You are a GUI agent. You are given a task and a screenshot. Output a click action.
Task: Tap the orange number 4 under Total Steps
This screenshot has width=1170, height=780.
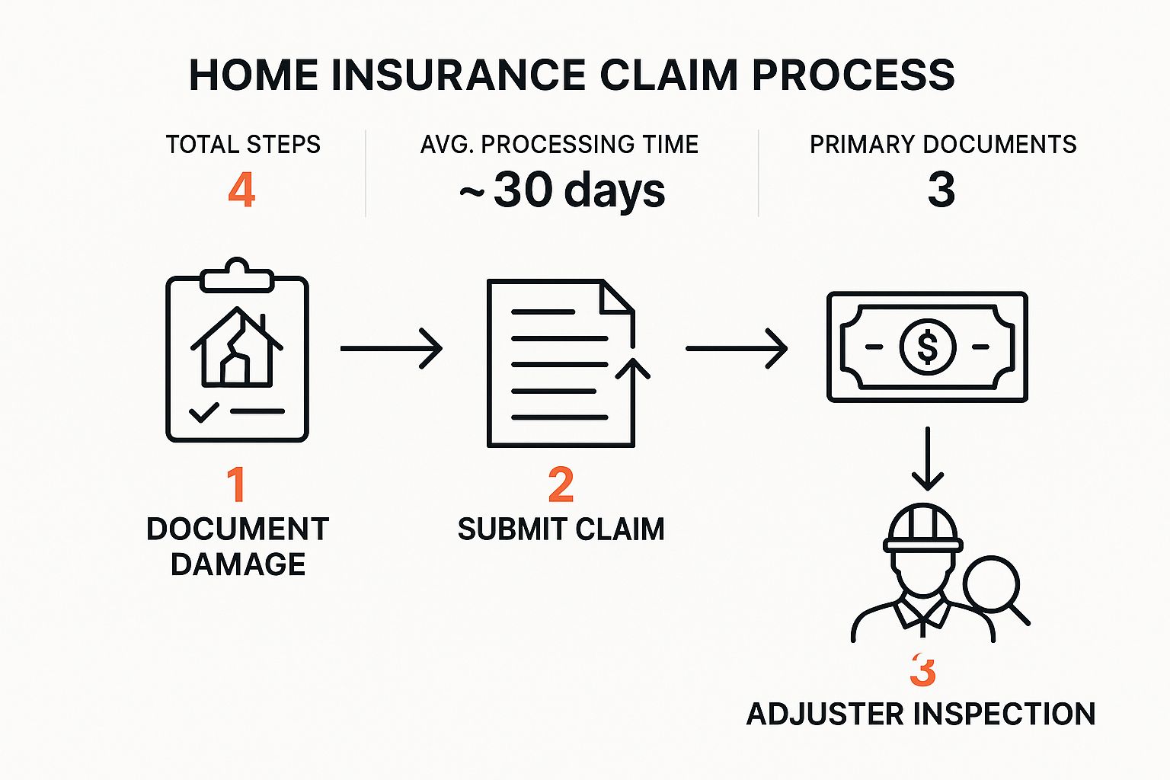click(x=241, y=190)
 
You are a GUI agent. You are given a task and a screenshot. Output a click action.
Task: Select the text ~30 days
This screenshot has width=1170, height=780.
click(x=562, y=190)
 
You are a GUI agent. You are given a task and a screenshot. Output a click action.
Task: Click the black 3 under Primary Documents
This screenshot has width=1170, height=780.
click(x=941, y=190)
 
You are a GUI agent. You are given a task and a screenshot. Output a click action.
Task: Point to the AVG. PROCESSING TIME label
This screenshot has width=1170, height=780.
click(x=559, y=145)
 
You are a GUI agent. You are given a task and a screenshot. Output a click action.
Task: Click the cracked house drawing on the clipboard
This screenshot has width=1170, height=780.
click(x=237, y=347)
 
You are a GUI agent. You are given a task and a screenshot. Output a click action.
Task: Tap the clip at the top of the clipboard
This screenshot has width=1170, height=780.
click(x=237, y=276)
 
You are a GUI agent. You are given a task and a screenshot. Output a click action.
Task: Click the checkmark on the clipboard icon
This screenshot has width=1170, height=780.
click(x=203, y=412)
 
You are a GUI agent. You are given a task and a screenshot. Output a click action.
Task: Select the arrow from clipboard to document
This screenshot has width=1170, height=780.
click(x=392, y=348)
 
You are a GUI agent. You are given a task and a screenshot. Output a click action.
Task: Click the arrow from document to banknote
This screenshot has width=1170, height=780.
click(x=737, y=348)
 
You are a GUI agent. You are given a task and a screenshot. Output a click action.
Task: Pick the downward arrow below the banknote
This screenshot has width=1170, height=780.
click(x=927, y=459)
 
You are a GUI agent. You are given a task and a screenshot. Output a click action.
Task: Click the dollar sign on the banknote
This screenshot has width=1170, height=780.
click(x=927, y=347)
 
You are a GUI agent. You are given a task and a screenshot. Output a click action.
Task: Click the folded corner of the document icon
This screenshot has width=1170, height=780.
click(x=615, y=298)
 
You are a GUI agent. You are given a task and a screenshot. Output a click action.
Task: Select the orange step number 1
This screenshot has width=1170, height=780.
click(x=236, y=484)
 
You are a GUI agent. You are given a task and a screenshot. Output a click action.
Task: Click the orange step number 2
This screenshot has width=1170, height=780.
click(x=561, y=484)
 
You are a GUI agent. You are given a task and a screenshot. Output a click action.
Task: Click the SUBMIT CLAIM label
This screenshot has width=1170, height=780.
click(x=561, y=529)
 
